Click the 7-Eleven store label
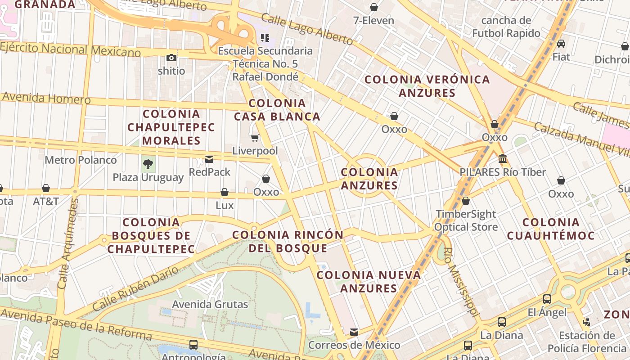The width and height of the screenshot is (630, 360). pos(373,21)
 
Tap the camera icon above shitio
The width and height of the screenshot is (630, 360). pos(171,58)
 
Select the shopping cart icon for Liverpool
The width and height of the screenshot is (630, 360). pos(255,138)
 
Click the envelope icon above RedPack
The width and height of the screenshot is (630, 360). pos(209,159)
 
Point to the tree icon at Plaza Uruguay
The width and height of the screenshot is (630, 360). pos(148,164)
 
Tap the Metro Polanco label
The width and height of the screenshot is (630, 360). pos(81,160)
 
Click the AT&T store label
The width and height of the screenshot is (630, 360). pos(46,201)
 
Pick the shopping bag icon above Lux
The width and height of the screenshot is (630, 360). pos(225,193)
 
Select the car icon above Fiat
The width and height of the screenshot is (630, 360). pos(561,44)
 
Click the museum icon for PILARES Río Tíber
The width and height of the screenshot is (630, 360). pos(503,159)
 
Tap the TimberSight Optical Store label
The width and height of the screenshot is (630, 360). pos(466,220)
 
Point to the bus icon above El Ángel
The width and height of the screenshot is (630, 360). pos(547,299)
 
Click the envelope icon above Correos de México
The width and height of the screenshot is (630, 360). pos(354,332)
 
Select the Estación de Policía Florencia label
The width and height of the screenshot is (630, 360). pos(587,342)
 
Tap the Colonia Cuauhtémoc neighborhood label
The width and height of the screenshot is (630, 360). pos(551,229)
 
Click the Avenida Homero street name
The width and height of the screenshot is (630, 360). pos(46,98)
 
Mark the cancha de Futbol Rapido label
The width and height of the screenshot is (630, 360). pos(506,27)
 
